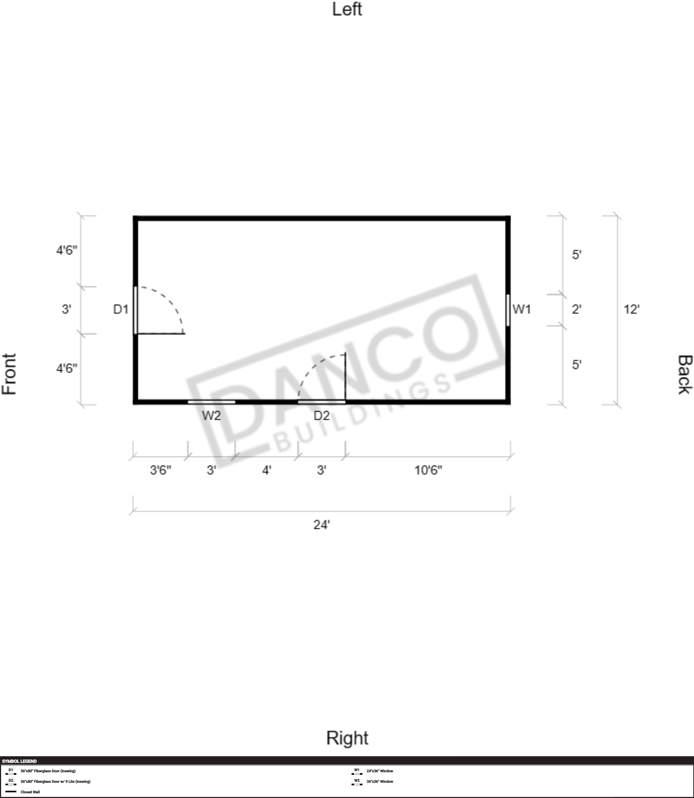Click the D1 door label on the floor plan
[x=121, y=309]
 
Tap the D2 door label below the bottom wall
[x=321, y=416]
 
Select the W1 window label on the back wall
[x=521, y=309]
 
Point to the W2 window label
[x=211, y=416]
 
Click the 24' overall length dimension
[x=321, y=525]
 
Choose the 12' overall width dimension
[x=631, y=309]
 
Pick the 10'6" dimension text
[x=428, y=470]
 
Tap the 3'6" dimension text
[x=160, y=470]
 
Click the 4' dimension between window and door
[x=267, y=470]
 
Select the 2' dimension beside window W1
[x=576, y=309]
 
